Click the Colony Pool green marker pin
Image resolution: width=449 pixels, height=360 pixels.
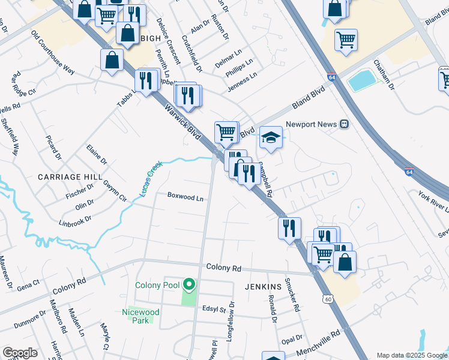point(190,284)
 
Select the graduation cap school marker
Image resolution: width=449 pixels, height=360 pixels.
point(271,139)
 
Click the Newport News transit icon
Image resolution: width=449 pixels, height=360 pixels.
point(345,124)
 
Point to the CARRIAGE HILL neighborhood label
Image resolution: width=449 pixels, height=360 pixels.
point(70,177)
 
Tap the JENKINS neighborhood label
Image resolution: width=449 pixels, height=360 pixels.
point(264,287)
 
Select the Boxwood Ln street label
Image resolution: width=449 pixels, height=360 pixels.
point(185,196)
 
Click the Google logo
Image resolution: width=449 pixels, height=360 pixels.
point(20,353)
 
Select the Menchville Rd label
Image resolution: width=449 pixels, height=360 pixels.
point(317,341)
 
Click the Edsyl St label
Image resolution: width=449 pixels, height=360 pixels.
point(214,310)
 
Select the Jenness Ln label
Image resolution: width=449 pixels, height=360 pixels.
point(241,83)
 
